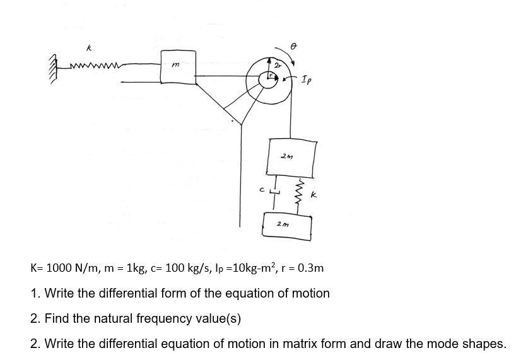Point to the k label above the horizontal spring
(90, 47)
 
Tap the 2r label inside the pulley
(278, 65)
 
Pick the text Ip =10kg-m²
(247, 268)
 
